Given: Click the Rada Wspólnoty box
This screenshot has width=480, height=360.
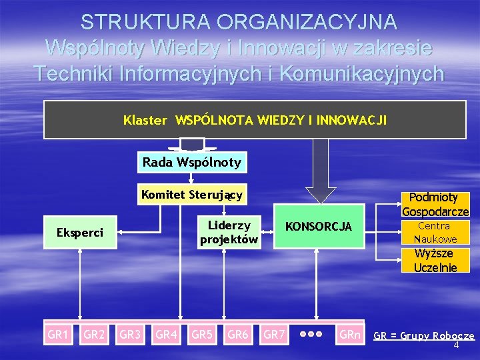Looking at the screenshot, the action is click(191, 162).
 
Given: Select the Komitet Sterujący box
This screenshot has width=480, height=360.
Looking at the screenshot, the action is click(191, 195).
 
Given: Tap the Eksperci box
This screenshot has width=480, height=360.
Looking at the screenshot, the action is click(79, 233).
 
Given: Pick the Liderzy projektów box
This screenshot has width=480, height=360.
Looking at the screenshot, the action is click(229, 233).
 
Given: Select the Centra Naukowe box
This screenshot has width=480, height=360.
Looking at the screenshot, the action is click(435, 233).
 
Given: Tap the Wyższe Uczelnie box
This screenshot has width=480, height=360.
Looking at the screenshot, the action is click(435, 260).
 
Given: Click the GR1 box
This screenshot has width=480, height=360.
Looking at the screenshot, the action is click(58, 334).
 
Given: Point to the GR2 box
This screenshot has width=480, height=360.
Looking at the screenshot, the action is click(94, 334).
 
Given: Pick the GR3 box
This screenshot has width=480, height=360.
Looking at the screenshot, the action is click(130, 334).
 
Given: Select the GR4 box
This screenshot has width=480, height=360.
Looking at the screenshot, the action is click(166, 334).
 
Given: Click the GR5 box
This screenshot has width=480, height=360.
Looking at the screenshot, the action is click(202, 334).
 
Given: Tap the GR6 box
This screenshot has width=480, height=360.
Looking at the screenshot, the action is click(238, 334).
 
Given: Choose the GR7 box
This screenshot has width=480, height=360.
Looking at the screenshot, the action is click(274, 334).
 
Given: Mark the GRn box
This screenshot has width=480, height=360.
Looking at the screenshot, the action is click(350, 334).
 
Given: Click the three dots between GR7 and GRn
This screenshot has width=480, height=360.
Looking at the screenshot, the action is click(311, 334).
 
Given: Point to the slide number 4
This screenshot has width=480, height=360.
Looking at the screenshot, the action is click(456, 346).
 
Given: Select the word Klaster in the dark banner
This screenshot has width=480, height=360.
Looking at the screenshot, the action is click(145, 121).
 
